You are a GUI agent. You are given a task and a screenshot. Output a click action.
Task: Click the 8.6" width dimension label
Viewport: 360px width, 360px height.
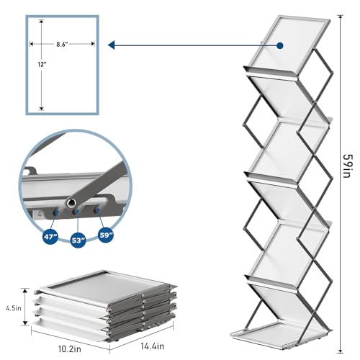point(62,44)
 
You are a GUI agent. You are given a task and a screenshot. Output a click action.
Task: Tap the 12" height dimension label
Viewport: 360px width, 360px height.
point(42,64)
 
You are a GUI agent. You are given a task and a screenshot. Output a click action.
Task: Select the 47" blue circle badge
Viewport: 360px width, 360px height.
point(50,237)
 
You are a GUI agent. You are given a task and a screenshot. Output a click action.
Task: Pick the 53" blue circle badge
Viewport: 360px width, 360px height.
point(78,240)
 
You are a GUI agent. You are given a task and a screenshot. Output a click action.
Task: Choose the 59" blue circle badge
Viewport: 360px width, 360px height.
point(106,235)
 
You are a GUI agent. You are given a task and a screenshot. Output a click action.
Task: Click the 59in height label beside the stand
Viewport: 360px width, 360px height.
point(348,166)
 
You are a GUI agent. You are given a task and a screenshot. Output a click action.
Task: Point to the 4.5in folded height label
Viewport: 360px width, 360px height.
point(14,308)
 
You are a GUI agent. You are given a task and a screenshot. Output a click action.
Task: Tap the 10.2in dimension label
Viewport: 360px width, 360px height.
point(70,349)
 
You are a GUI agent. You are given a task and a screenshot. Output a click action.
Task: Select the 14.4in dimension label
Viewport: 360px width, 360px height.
point(153,346)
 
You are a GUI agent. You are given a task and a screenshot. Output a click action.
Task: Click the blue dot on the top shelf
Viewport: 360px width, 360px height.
point(280,45)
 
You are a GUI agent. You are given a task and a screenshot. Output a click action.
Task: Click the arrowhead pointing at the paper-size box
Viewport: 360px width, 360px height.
point(111,45)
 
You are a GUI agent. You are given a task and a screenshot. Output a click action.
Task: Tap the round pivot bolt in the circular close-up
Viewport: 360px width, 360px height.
point(72,203)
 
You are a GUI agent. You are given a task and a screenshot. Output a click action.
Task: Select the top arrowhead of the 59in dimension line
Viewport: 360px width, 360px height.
point(340,17)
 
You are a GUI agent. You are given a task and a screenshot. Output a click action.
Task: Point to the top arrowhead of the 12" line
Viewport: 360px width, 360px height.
point(42,22)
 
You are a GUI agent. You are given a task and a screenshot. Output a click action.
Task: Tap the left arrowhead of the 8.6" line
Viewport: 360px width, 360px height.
point(32,44)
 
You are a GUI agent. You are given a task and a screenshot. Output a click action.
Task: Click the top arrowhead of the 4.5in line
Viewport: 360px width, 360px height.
point(25,291)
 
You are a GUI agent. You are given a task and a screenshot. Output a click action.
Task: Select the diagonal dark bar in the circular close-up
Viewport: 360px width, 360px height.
point(96,182)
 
